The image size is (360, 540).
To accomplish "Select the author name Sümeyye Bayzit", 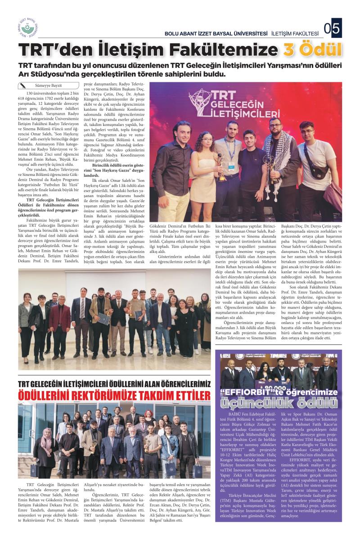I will [47, 85].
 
